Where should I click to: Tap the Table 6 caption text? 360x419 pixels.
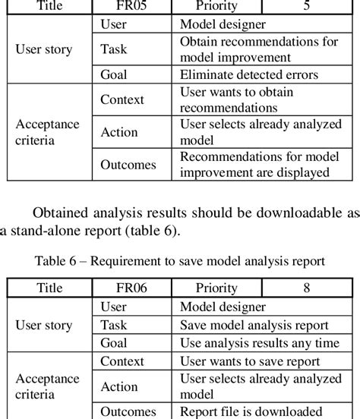179,261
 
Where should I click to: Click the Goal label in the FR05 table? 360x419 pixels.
112,75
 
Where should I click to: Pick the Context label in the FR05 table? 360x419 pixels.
122,99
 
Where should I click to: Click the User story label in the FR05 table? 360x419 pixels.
44,50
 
